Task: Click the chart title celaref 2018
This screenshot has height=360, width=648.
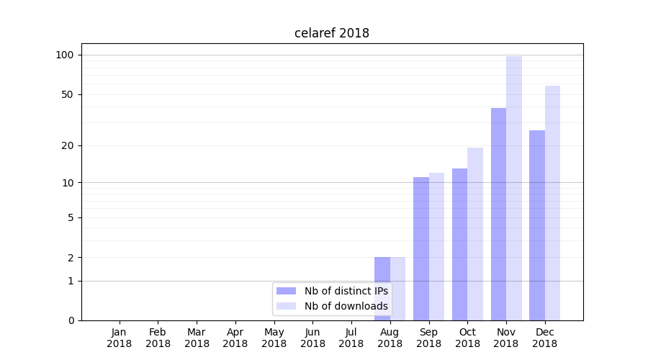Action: [x=332, y=33]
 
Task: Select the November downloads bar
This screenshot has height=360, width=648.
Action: [x=514, y=188]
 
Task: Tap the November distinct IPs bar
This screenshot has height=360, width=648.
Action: [x=498, y=214]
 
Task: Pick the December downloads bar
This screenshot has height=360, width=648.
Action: [x=553, y=203]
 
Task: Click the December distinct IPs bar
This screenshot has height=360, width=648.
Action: [x=537, y=225]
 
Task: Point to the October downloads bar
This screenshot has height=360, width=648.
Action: [x=475, y=234]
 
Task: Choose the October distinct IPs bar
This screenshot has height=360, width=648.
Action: [x=459, y=244]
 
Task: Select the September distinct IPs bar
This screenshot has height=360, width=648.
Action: [x=421, y=248]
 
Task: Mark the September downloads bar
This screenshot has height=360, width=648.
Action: [x=436, y=246]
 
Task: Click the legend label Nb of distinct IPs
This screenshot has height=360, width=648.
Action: [x=346, y=291]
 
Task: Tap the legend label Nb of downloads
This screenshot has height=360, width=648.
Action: [x=346, y=306]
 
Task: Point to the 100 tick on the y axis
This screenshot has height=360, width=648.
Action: [x=65, y=55]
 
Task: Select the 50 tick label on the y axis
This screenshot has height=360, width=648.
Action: [x=67, y=94]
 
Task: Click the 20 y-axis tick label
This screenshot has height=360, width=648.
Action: [x=67, y=145]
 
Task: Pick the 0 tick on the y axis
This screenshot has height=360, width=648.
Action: [x=71, y=320]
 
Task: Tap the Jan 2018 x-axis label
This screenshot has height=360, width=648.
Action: [x=120, y=338]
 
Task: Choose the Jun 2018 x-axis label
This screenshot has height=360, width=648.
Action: [x=312, y=338]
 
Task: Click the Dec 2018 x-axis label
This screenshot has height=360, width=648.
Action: [x=545, y=338]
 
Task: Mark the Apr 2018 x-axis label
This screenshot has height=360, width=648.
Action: [x=235, y=338]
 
